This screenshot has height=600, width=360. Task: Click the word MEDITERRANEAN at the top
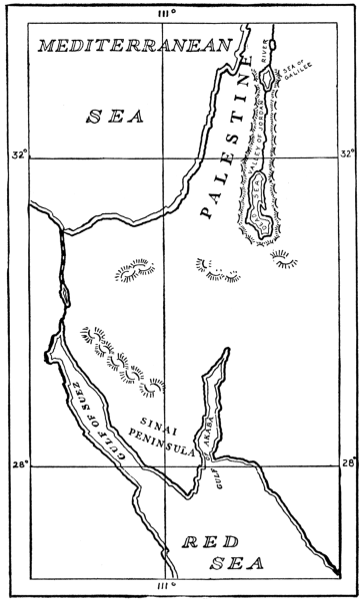137,46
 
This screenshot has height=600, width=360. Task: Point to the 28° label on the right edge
346,462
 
